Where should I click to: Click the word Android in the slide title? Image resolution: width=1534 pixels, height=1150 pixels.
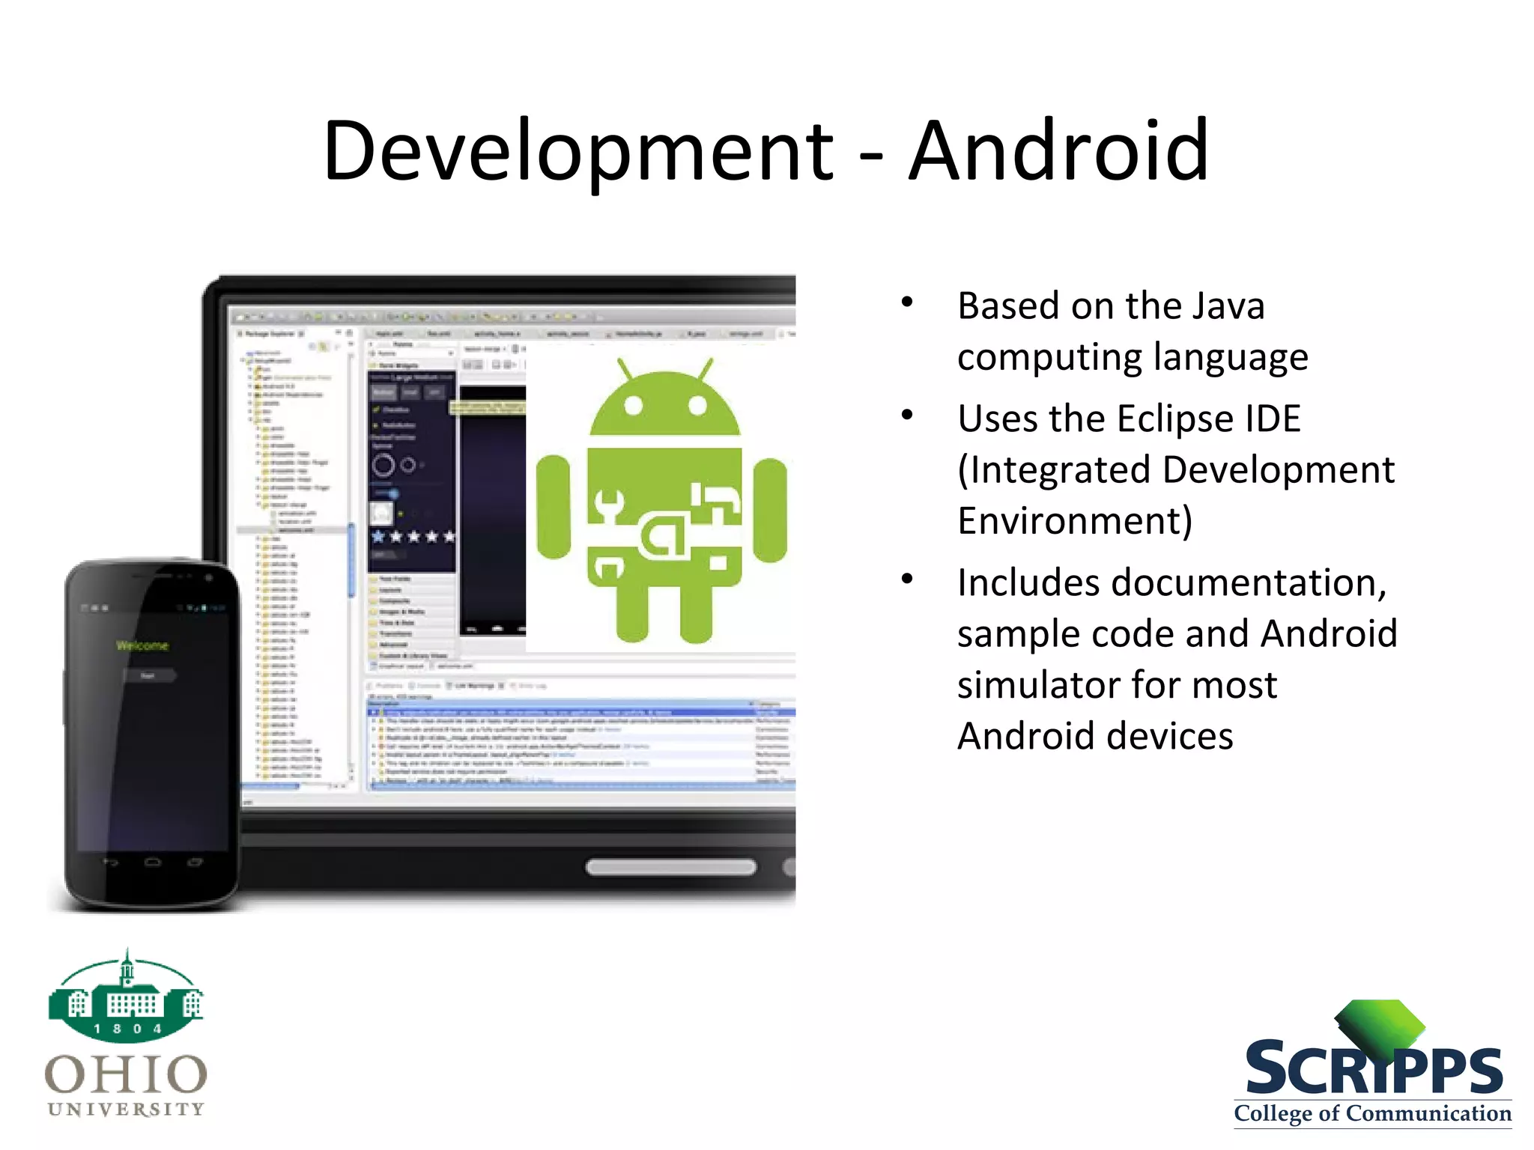tap(1058, 152)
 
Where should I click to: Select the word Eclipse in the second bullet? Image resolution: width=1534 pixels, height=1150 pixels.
tap(1174, 419)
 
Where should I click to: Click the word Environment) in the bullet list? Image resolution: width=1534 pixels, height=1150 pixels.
tap(1075, 520)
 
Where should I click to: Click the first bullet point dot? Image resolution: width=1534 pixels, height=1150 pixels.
tap(907, 302)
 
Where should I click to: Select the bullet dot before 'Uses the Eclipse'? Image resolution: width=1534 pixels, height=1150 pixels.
tap(907, 415)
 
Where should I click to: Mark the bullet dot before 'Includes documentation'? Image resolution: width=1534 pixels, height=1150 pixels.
tap(907, 579)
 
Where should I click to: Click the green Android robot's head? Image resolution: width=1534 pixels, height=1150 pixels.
tap(665, 404)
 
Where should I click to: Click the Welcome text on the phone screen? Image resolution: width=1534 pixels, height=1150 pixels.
tap(142, 645)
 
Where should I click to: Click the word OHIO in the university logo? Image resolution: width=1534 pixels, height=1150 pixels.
tap(126, 1074)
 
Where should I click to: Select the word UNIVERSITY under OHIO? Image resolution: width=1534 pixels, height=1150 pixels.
tap(126, 1109)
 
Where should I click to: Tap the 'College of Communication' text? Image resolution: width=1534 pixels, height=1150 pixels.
tap(1372, 1113)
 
